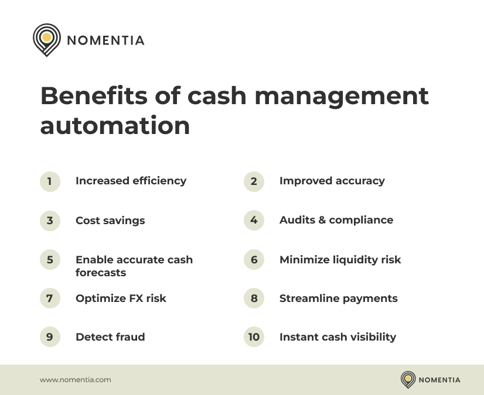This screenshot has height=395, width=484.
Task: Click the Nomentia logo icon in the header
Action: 47,40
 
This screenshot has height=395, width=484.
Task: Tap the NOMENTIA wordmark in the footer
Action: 439,380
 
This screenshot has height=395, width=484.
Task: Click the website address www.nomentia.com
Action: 75,380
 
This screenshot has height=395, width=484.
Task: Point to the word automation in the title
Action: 115,126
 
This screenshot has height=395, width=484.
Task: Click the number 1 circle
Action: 50,181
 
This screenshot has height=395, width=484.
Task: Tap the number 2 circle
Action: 254,181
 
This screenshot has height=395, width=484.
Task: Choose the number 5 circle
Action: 50,259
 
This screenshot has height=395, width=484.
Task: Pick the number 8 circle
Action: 254,298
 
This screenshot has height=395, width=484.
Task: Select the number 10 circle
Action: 254,337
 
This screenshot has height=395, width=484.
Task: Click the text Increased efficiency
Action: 131,181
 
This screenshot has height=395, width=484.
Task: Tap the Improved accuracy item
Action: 332,181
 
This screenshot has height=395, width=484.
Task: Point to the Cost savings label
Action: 110,221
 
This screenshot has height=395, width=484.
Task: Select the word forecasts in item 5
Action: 101,273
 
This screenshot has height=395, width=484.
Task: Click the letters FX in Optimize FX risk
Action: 136,298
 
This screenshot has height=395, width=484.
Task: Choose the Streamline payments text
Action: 338,298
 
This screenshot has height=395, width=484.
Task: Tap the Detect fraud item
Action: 110,337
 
